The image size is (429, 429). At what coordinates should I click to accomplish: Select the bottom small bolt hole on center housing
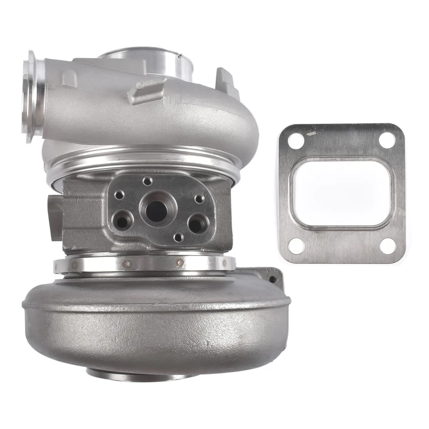click(x=178, y=237)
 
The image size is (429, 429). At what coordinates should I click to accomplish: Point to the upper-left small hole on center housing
click(x=119, y=195)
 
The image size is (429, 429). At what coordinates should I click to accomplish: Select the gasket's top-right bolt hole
click(x=387, y=139)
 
